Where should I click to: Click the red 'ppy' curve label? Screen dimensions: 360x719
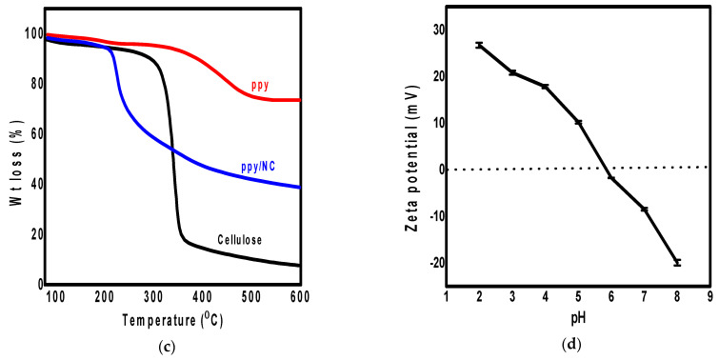click(x=260, y=86)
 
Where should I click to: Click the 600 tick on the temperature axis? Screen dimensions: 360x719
click(x=299, y=297)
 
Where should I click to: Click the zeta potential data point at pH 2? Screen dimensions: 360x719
click(x=479, y=45)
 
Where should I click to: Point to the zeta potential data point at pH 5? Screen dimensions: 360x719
click(x=578, y=122)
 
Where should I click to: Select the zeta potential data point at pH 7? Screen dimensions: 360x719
click(x=644, y=209)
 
